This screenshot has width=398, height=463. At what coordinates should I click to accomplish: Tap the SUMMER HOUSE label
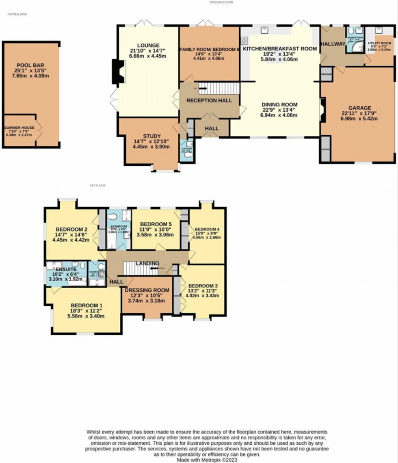pyautogui.click(x=19, y=128)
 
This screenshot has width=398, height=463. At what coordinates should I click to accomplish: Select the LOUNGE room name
pyautogui.click(x=148, y=45)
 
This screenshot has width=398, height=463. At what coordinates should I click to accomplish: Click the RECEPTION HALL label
pyautogui.click(x=209, y=100)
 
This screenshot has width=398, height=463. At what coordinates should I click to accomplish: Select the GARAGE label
pyautogui.click(x=359, y=108)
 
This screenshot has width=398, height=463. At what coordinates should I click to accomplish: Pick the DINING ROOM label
pyautogui.click(x=279, y=104)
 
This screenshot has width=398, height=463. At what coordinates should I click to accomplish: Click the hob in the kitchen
pyautogui.click(x=245, y=40)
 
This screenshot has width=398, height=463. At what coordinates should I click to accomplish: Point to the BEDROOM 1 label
pyautogui.click(x=85, y=305)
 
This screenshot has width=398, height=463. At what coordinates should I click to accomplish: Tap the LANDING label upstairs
pyautogui.click(x=147, y=263)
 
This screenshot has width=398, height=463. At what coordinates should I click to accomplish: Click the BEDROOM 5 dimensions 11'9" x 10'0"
pyautogui.click(x=156, y=229)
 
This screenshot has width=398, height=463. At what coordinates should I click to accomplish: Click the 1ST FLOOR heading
pyautogui.click(x=97, y=186)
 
